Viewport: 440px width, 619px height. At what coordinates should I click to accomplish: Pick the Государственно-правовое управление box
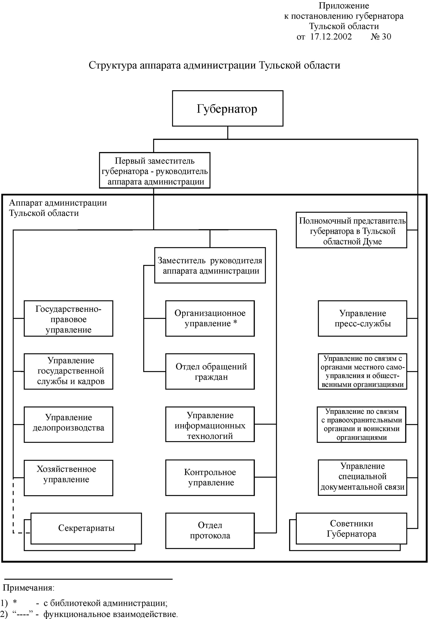[x=68, y=319]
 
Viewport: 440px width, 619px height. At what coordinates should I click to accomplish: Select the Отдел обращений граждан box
[x=210, y=372]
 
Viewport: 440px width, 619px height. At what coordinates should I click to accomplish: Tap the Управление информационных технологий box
[x=210, y=424]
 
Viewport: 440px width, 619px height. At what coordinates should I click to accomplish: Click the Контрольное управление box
[x=210, y=478]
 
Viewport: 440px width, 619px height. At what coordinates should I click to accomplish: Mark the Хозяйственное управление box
[x=68, y=478]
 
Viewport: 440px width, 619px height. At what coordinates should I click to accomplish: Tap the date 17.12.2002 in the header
[x=331, y=37]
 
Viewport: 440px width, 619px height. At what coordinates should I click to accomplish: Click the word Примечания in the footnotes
[x=28, y=588]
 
